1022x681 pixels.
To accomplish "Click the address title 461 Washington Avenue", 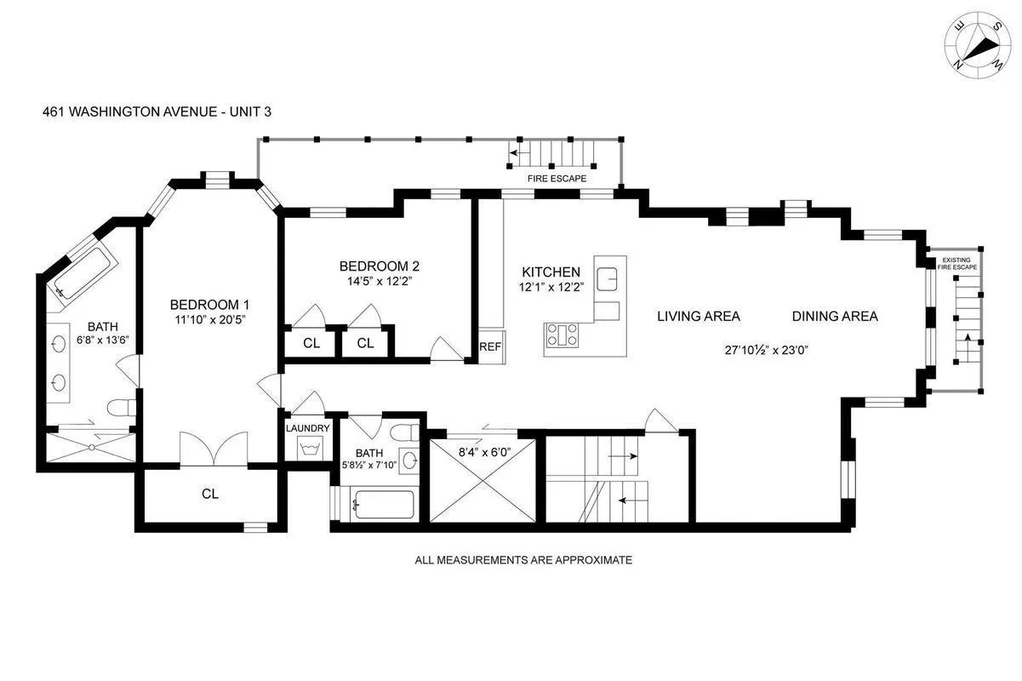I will click(157, 111).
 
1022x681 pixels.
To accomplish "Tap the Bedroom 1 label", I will click(209, 305).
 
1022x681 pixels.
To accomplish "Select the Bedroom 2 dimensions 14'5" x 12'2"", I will click(379, 280).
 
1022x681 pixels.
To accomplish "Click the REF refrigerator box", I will click(489, 346).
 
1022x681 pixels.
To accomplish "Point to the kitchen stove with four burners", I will click(561, 337).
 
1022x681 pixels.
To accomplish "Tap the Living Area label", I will click(698, 316).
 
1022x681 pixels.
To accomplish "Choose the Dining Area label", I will click(834, 316).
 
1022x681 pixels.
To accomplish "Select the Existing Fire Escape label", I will click(957, 263).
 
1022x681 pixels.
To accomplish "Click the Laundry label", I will click(307, 428).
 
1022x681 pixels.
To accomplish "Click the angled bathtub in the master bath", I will click(82, 273).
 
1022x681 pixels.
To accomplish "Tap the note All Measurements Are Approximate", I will click(522, 560).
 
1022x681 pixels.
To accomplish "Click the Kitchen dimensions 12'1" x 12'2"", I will click(551, 288).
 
